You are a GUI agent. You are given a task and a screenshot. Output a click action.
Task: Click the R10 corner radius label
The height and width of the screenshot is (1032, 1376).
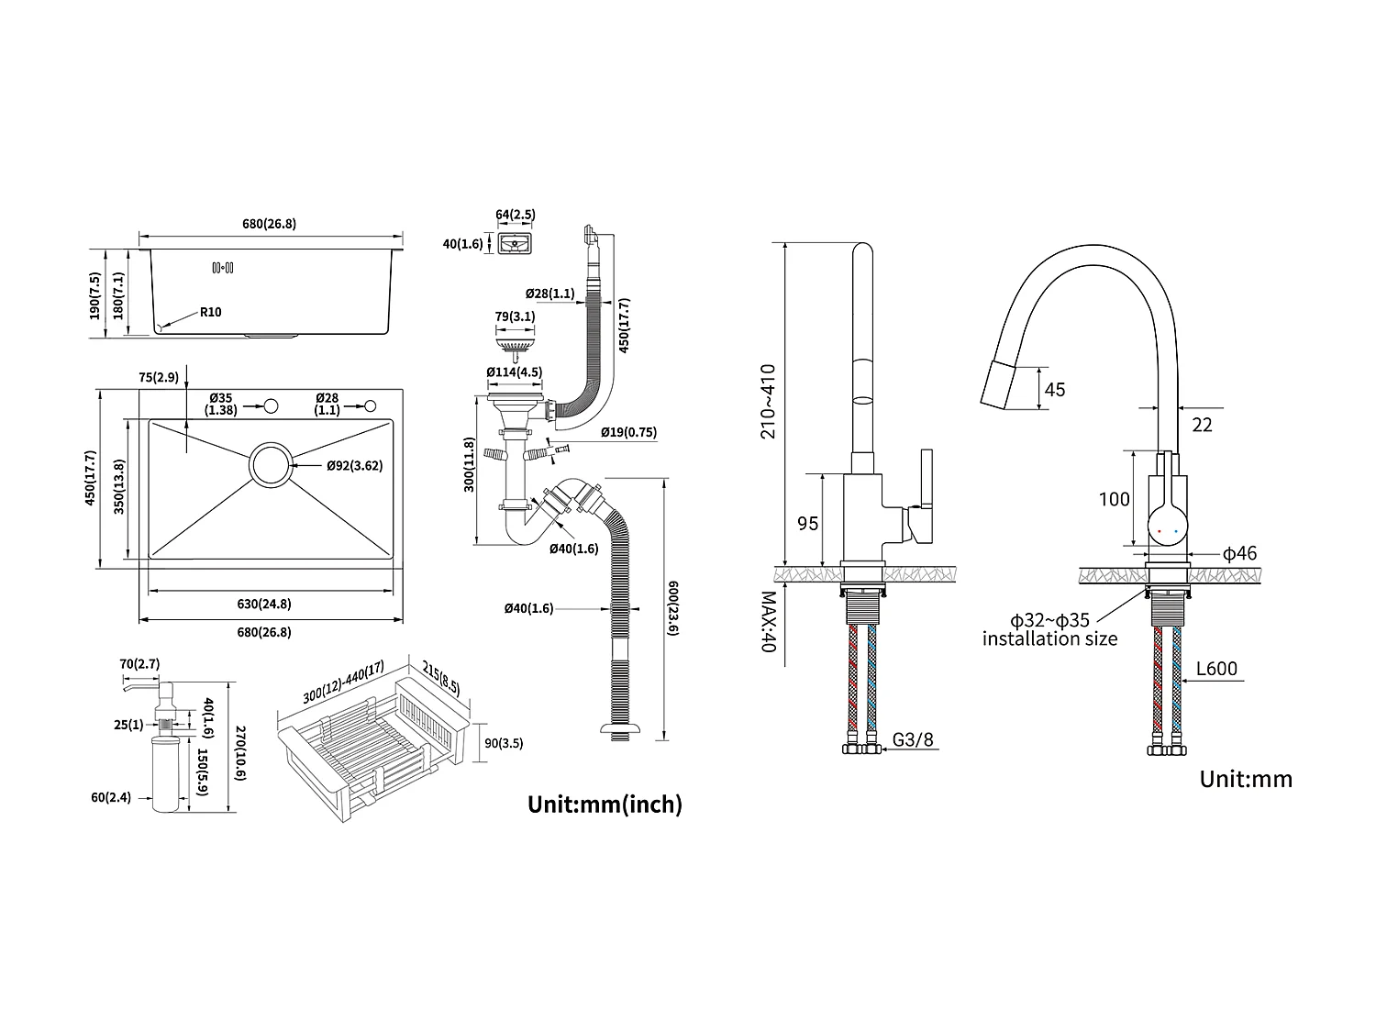coord(210,312)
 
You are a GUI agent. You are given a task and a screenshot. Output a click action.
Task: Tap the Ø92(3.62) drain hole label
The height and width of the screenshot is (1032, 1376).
coord(354,465)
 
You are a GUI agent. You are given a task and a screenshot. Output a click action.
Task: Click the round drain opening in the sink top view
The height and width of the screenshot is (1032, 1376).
coord(271,465)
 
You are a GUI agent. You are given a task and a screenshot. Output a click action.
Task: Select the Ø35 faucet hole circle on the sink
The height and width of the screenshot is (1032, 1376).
coord(271,406)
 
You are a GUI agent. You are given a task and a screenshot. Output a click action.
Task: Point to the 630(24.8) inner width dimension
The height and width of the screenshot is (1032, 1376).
coord(264,604)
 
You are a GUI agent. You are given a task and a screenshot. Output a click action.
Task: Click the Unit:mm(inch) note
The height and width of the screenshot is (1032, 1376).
coord(605,805)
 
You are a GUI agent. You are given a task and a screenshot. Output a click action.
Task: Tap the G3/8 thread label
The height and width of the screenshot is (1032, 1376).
coord(914,739)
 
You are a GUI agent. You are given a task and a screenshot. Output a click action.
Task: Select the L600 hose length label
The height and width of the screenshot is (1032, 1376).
coord(1216,669)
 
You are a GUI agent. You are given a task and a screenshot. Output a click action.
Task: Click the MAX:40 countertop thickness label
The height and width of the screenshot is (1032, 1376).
coord(768,621)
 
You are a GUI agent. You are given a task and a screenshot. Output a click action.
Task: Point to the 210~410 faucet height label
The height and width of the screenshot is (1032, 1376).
coord(768,401)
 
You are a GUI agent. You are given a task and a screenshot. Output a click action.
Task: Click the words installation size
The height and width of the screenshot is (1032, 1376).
coord(1049,638)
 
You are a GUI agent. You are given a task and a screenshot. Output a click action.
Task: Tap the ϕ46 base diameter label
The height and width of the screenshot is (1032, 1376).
coord(1239,553)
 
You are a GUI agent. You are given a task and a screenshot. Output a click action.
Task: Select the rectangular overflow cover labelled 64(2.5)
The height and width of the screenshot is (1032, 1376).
coord(515,244)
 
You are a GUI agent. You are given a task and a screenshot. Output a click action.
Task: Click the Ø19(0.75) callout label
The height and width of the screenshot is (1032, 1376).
coord(628,432)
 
